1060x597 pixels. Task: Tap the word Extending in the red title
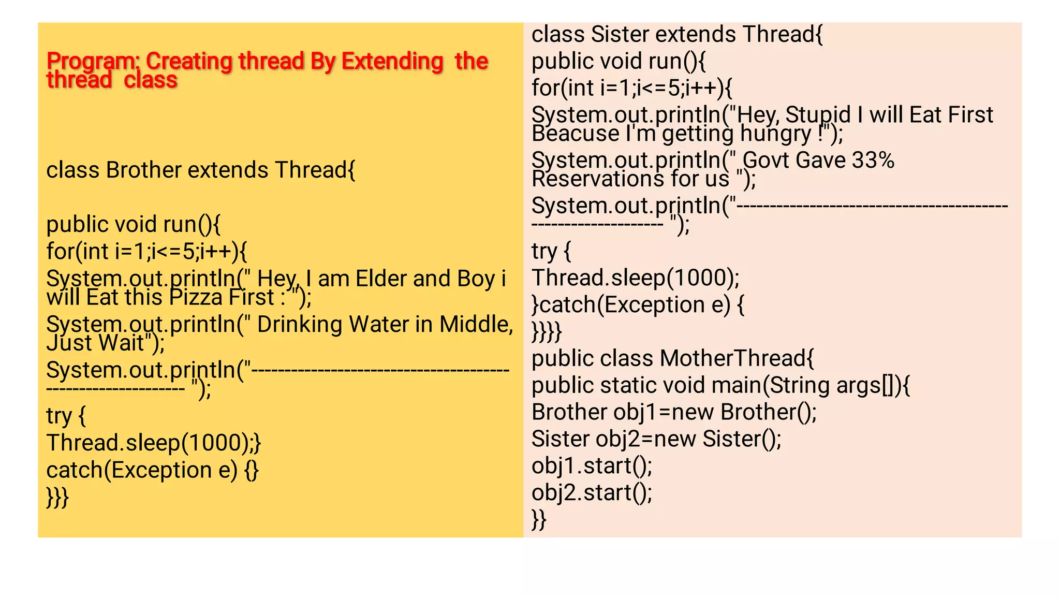click(x=392, y=62)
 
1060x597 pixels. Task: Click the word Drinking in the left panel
click(x=300, y=325)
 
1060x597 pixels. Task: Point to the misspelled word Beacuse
click(x=575, y=134)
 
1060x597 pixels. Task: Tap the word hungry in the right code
click(x=775, y=134)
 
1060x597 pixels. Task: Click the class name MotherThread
click(x=733, y=358)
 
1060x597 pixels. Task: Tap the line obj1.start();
click(x=592, y=466)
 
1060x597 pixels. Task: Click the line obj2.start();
click(x=592, y=493)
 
